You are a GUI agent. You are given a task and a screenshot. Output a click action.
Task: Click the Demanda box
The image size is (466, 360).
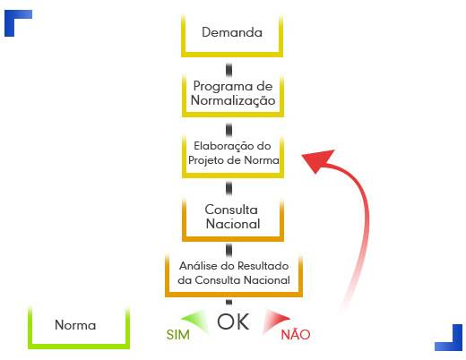point(232,55)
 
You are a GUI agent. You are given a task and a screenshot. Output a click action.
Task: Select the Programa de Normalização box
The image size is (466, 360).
point(233,114)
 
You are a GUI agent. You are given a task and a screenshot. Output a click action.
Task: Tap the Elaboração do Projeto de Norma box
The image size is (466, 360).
point(233,176)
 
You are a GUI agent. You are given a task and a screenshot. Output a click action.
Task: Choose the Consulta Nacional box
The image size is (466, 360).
point(233,238)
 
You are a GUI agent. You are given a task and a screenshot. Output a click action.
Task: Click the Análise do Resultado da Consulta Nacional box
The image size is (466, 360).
point(234,295)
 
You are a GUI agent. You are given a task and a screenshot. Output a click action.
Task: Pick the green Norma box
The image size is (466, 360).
point(79,347)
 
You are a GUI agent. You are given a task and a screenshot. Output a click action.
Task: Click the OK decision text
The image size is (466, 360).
point(233,321)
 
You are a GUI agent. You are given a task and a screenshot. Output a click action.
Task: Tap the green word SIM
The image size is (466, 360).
point(178,335)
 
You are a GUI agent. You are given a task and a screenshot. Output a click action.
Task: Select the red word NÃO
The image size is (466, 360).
point(296,334)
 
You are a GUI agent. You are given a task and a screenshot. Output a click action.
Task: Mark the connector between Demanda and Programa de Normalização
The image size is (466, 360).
point(229,70)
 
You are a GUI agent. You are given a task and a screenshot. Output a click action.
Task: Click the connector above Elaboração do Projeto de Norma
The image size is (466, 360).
point(229,130)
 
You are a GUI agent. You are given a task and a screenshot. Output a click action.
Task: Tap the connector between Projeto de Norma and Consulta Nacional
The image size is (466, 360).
point(229,188)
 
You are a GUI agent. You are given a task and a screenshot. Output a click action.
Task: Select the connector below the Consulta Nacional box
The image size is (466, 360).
point(229,250)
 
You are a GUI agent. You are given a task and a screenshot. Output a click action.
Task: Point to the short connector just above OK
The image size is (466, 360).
point(229,302)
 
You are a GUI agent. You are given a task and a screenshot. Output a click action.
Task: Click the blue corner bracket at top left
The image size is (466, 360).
point(10,15)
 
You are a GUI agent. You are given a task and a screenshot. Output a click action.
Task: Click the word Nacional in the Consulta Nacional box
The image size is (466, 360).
point(233,224)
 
